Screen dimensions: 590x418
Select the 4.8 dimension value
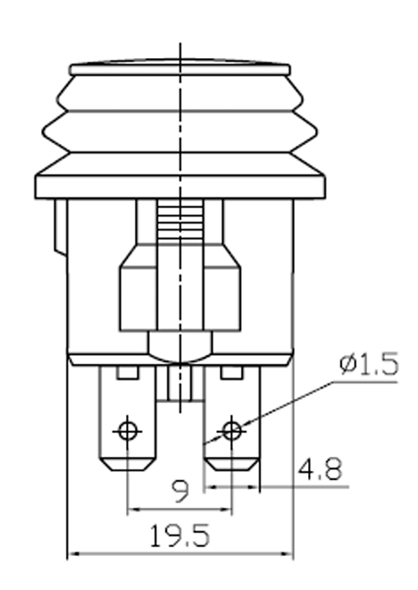coord(322,469)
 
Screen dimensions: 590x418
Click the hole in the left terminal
coord(129,431)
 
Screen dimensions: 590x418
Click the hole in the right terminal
coord(232,431)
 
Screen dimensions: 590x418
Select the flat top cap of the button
coord(181,68)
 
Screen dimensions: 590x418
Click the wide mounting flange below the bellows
coord(181,185)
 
